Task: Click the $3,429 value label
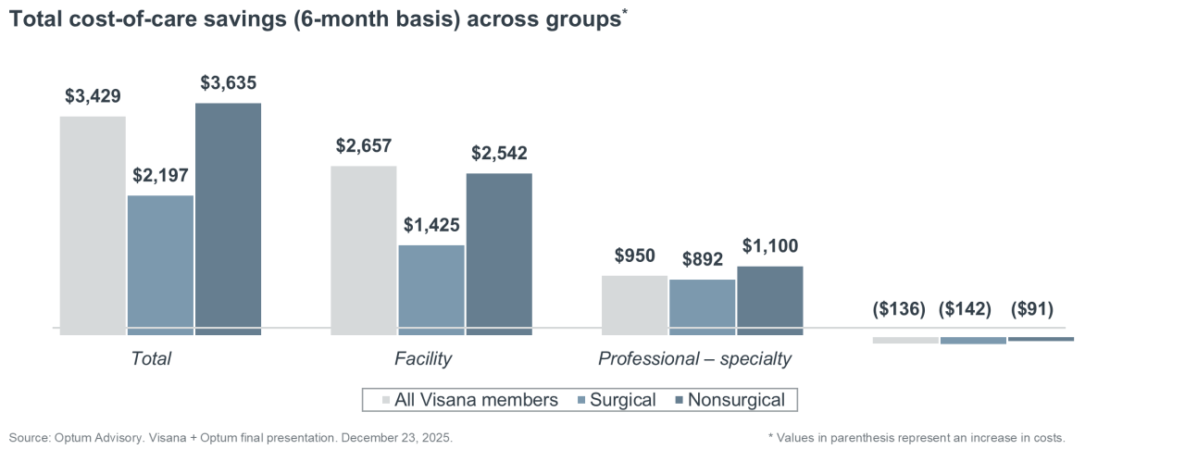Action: (x=93, y=96)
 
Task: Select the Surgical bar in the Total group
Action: (x=160, y=263)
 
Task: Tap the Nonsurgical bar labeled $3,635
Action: (x=228, y=218)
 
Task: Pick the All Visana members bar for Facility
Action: (x=363, y=248)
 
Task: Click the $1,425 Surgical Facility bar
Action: (x=431, y=287)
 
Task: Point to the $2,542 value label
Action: (x=499, y=153)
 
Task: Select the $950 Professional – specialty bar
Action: (x=634, y=303)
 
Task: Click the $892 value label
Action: (x=702, y=260)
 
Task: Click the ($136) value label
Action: (x=899, y=309)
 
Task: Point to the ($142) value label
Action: (x=966, y=309)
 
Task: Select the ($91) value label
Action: (x=1032, y=309)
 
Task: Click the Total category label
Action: (x=152, y=358)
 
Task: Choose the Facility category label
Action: (x=423, y=358)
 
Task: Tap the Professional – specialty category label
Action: (x=694, y=358)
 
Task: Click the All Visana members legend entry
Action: (x=469, y=400)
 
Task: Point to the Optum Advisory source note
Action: (x=231, y=437)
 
